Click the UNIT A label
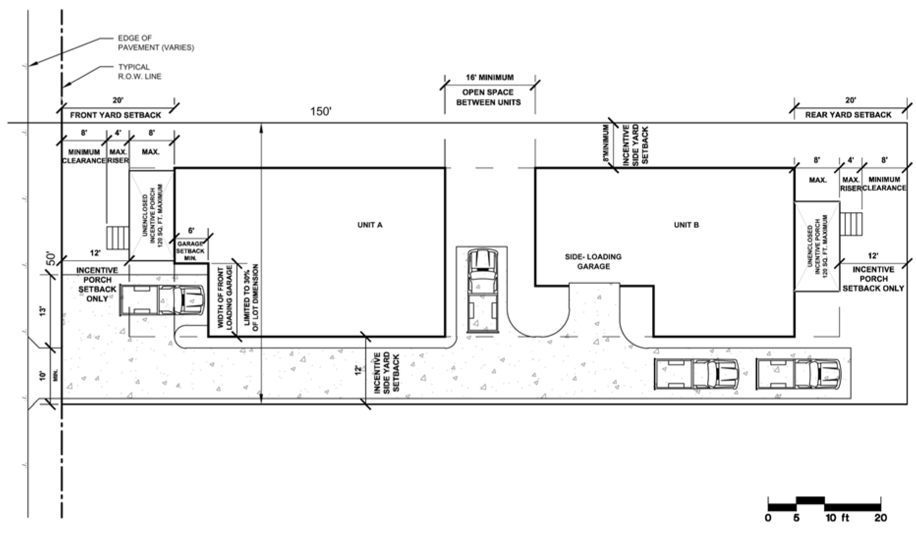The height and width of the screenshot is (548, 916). pyautogui.click(x=370, y=225)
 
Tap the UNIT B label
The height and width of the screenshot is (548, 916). pyautogui.click(x=686, y=225)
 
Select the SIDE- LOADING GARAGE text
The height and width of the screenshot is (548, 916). pyautogui.click(x=594, y=261)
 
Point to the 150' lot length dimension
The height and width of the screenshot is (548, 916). pyautogui.click(x=321, y=111)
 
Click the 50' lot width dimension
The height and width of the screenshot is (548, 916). pyautogui.click(x=51, y=260)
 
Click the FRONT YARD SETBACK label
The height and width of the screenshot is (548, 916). pyautogui.click(x=115, y=115)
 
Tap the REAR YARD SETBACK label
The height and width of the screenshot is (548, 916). pyautogui.click(x=848, y=115)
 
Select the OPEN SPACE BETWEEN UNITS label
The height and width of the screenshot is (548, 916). pyautogui.click(x=488, y=97)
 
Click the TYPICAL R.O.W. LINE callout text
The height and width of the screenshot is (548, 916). pyautogui.click(x=140, y=72)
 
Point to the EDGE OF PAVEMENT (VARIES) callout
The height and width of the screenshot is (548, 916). pyautogui.click(x=156, y=43)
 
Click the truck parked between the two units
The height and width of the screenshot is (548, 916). pyautogui.click(x=482, y=291)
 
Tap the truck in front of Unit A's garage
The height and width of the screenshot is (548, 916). pyautogui.click(x=163, y=300)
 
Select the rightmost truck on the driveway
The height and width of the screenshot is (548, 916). pyautogui.click(x=799, y=374)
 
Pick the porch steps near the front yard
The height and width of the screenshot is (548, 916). pyautogui.click(x=117, y=239)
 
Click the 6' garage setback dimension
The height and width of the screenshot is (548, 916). pyautogui.click(x=191, y=230)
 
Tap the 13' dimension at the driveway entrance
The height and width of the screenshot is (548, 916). pyautogui.click(x=43, y=311)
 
